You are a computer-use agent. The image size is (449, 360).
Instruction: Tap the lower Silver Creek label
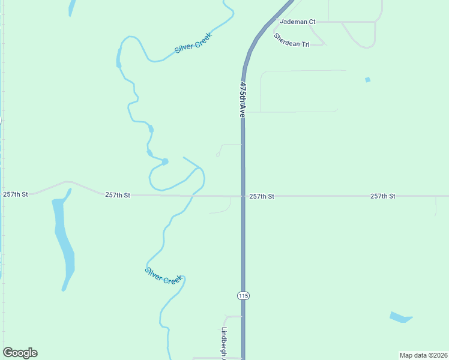163,275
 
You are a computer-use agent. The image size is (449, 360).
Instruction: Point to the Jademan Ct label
297,22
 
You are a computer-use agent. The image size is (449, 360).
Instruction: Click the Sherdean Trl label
291,41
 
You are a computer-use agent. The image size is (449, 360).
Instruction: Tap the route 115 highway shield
243,296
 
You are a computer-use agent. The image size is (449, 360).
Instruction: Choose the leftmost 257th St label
16,194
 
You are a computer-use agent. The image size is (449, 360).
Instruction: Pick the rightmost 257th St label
382,196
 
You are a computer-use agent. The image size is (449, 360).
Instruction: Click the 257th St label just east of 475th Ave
262,196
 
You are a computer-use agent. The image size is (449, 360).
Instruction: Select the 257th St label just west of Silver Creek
118,195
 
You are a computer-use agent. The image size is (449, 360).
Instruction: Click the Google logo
20,353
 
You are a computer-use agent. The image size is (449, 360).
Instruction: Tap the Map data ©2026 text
423,355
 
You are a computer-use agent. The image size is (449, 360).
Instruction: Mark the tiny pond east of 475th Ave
367,80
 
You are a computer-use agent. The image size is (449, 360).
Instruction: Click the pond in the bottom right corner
400,317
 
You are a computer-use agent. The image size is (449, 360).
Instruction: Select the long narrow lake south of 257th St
64,240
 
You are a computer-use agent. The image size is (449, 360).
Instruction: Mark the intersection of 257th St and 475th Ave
243,196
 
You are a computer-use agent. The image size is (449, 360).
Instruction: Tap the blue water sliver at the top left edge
72,7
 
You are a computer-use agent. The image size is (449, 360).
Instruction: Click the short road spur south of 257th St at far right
436,206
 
